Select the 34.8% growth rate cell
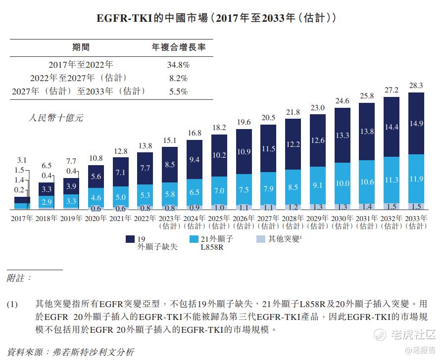pyautogui.click(x=179, y=65)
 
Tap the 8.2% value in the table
pyautogui.click(x=179, y=78)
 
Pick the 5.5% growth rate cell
pyautogui.click(x=179, y=91)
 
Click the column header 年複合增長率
pyautogui.click(x=179, y=48)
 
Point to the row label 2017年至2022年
pyautogui.click(x=81, y=65)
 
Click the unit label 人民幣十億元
pyautogui.click(x=56, y=118)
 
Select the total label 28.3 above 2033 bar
pyautogui.click(x=416, y=86)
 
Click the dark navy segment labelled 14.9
pyautogui.click(x=416, y=124)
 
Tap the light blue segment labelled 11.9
pyautogui.click(x=416, y=179)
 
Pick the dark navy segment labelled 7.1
pyautogui.click(x=120, y=172)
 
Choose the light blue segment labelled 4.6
pyautogui.click(x=96, y=198)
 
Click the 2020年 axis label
pyautogui.click(x=96, y=219)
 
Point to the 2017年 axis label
pyautogui.click(x=22, y=219)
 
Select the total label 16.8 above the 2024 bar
pyautogui.click(x=194, y=133)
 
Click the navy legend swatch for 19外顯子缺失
pyautogui.click(x=131, y=239)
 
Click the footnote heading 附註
pyautogui.click(x=19, y=278)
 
